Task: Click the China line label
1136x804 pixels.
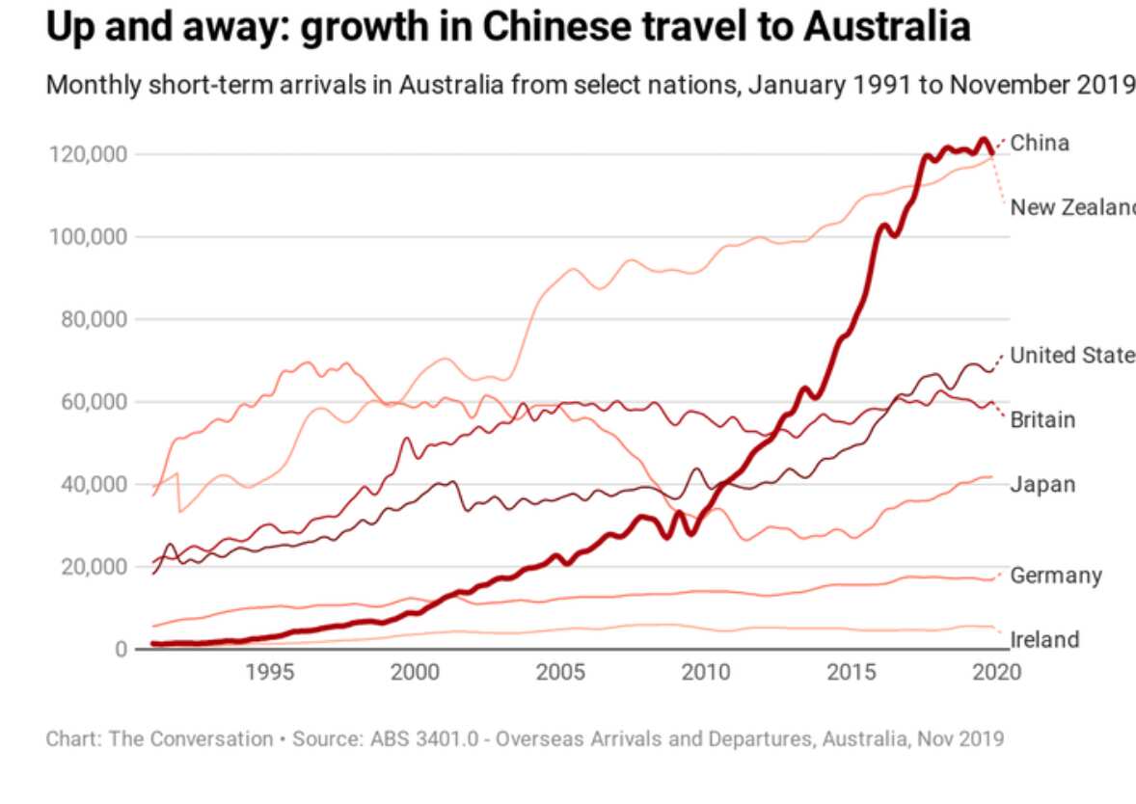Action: [x=1040, y=144]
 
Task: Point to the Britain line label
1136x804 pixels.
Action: [x=1042, y=420]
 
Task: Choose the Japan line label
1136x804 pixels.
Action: [x=1042, y=484]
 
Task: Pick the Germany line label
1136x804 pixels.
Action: [x=1055, y=576]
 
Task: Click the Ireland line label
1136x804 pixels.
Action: [x=1044, y=640]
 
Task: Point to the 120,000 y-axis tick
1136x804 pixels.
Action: [x=88, y=154]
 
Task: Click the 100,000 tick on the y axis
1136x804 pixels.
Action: [x=88, y=237]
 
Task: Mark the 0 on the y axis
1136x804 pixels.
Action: [x=121, y=649]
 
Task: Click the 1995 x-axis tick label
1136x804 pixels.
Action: [x=270, y=672]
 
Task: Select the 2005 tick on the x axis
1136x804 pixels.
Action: [x=560, y=672]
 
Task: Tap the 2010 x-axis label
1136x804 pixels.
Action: [x=706, y=672]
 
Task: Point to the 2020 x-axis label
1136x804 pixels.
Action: [x=996, y=672]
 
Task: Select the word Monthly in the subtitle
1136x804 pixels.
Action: [x=93, y=85]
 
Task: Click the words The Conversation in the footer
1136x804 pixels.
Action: [x=191, y=739]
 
